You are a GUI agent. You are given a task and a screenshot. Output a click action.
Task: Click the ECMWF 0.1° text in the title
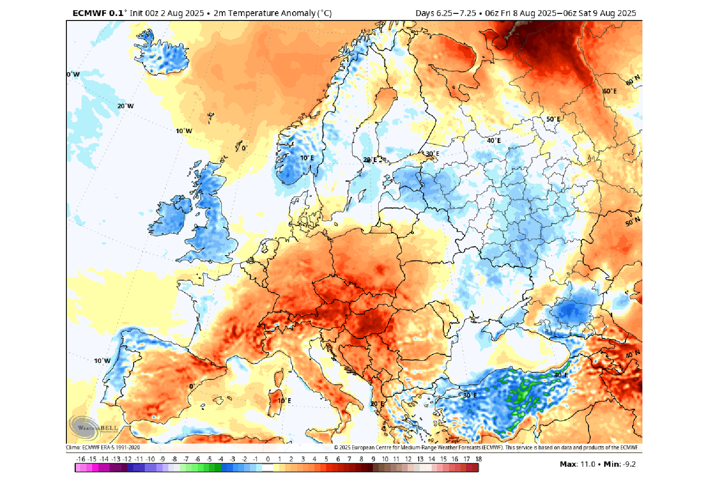pyautogui.click(x=98, y=13)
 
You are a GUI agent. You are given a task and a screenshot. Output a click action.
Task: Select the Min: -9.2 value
pyautogui.click(x=620, y=464)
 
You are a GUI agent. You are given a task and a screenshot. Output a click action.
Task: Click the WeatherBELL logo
pyautogui.click(x=94, y=427)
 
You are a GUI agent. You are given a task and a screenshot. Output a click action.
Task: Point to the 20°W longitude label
pyautogui.click(x=125, y=106)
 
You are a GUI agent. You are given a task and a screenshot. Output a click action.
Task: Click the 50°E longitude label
pyautogui.click(x=553, y=119)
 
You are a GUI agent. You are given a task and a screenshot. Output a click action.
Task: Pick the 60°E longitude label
pyautogui.click(x=610, y=91)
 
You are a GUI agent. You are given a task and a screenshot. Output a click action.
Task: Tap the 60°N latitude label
pyautogui.click(x=633, y=80)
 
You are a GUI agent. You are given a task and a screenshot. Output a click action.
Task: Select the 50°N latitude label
pyautogui.click(x=633, y=221)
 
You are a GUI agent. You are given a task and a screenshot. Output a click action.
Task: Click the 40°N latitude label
pyautogui.click(x=633, y=355)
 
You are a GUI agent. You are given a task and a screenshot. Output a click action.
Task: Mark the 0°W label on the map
pyautogui.click(x=74, y=74)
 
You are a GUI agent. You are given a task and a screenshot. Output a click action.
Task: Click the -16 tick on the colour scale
pyautogui.click(x=81, y=459)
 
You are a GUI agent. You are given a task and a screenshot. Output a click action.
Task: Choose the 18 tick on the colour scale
pyautogui.click(x=478, y=459)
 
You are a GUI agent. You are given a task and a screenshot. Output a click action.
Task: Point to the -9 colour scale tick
pyautogui.click(x=162, y=459)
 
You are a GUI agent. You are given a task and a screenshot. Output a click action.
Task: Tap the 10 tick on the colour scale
pyautogui.click(x=385, y=459)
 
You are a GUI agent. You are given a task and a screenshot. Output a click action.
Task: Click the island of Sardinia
pyautogui.click(x=276, y=400)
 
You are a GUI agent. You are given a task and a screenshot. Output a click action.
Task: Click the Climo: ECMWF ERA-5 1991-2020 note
pyautogui.click(x=103, y=448)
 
